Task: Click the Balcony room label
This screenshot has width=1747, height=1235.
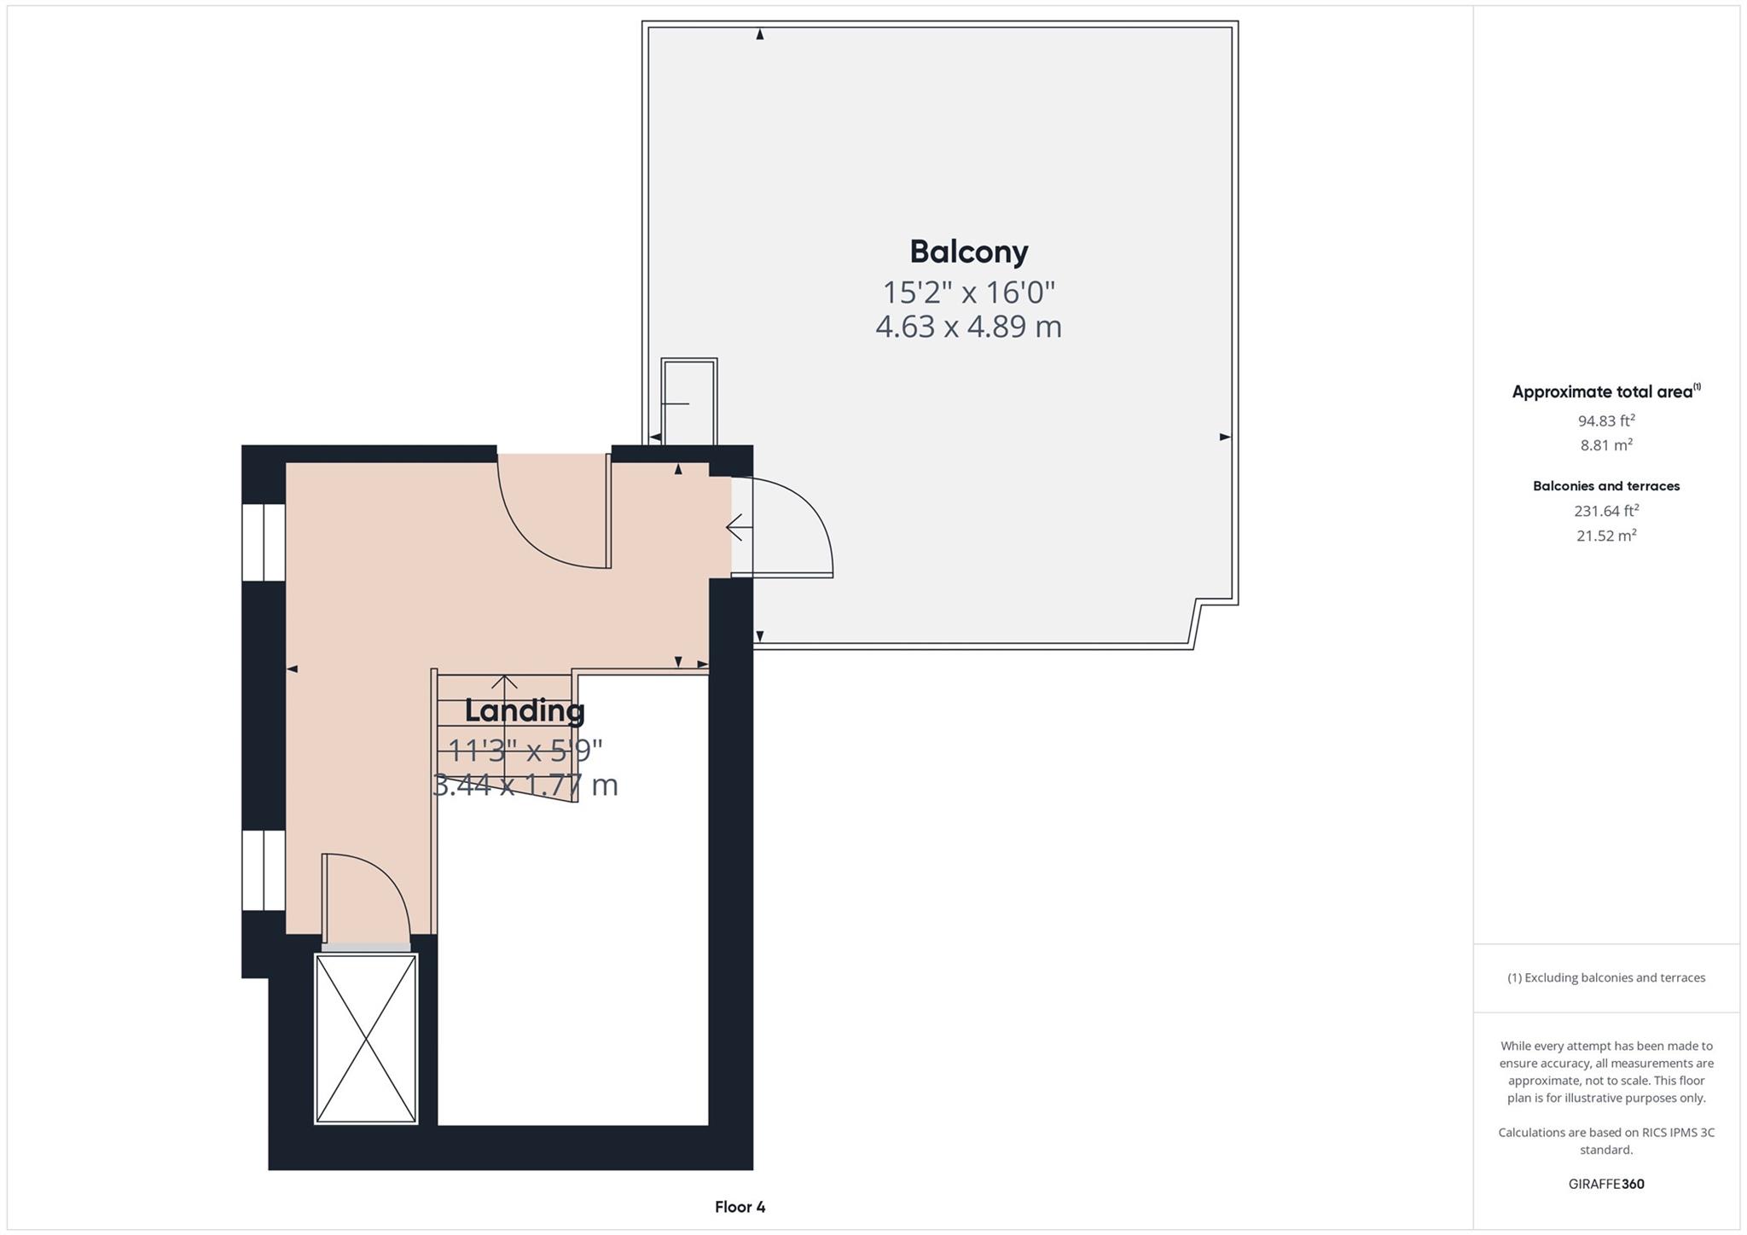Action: coord(968,252)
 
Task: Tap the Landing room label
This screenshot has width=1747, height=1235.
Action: coord(525,710)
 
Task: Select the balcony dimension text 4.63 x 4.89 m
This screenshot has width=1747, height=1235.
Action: coord(968,327)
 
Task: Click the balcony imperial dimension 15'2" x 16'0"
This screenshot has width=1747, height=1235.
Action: coord(968,293)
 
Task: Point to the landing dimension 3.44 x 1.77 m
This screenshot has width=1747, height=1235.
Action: coord(525,785)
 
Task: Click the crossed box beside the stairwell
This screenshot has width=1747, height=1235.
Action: coord(366,1038)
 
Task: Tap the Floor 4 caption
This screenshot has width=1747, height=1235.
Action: coord(740,1207)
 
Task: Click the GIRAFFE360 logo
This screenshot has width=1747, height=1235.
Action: coord(1605,1184)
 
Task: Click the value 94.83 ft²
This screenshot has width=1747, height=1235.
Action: coord(1605,420)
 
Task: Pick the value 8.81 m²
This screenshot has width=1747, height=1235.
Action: coord(1605,445)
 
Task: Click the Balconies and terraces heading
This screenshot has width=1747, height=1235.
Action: coord(1605,486)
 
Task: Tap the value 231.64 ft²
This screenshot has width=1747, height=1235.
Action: coord(1605,511)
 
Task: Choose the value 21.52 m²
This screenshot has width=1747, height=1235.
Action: coord(1605,536)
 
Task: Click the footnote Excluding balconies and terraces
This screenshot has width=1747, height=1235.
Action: coord(1605,977)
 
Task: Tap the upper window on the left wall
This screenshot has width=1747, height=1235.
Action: coord(263,542)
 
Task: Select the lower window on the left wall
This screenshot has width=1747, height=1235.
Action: coord(263,870)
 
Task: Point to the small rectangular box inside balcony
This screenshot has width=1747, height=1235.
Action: coord(689,402)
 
